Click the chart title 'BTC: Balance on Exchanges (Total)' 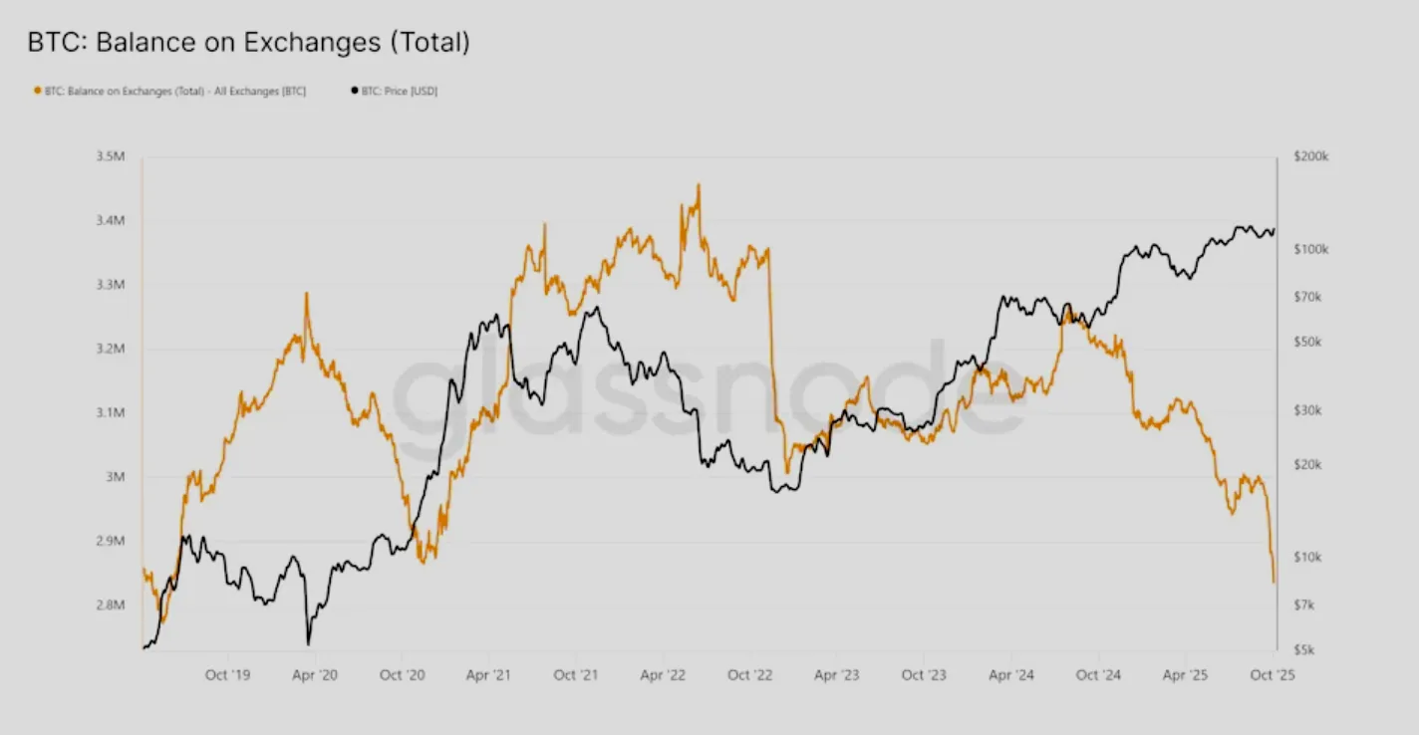[x=248, y=42]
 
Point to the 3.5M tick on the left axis [x=111, y=156]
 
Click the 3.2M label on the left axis [x=111, y=349]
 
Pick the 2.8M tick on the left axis [x=111, y=605]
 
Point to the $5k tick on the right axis [x=1304, y=649]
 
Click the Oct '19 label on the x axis [x=228, y=675]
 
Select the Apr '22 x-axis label [x=664, y=675]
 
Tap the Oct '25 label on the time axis [x=1273, y=675]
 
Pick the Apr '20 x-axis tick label [x=315, y=675]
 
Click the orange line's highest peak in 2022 [x=698, y=184]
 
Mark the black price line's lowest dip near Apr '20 [x=309, y=643]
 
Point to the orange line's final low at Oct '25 [x=1274, y=582]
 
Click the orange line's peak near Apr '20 [x=306, y=294]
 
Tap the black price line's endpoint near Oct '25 [x=1274, y=231]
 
